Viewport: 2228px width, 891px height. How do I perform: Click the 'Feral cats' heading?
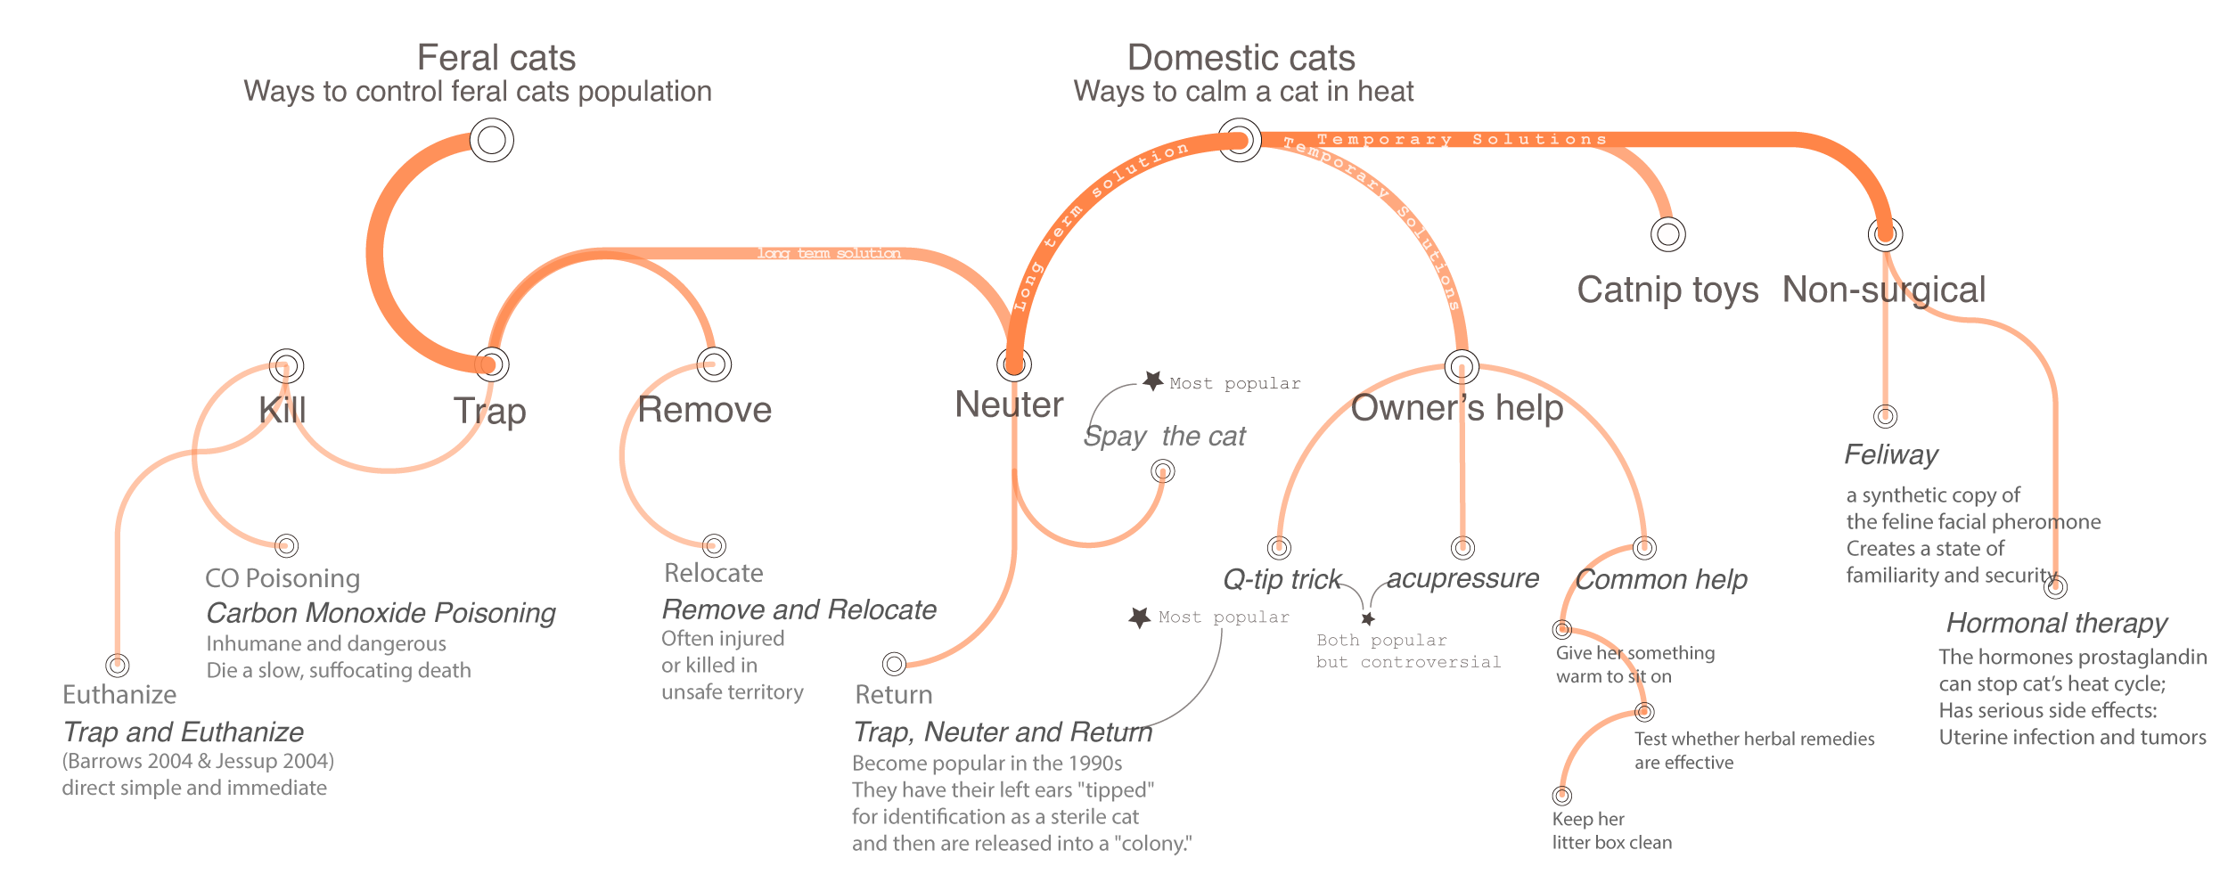click(496, 59)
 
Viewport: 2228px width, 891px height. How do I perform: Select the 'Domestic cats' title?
click(1241, 59)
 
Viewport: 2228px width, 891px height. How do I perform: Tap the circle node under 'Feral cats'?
click(491, 140)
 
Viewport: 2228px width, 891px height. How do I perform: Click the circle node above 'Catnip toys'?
click(1667, 234)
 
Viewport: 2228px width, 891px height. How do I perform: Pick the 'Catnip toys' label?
click(1667, 290)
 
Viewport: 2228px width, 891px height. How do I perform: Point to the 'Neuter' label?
click(1009, 405)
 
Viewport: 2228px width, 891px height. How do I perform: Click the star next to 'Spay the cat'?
click(1153, 381)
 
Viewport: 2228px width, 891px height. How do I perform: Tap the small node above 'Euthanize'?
click(117, 665)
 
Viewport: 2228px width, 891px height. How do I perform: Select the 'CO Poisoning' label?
click(283, 579)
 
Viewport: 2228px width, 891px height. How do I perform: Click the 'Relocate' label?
click(713, 573)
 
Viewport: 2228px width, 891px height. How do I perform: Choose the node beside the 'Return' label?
click(894, 664)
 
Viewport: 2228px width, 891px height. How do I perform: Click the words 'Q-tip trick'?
click(1282, 580)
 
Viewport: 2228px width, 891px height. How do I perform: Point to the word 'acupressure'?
click(1462, 579)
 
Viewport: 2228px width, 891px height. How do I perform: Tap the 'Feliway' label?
click(1890, 455)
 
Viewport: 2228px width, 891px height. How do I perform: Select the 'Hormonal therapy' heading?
click(2056, 623)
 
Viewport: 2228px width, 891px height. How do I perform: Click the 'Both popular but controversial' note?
click(1408, 651)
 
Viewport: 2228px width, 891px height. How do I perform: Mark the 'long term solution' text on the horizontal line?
click(829, 254)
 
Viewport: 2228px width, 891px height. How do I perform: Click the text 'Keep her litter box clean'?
click(1611, 830)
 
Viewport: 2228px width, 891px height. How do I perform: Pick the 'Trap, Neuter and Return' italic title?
click(1003, 732)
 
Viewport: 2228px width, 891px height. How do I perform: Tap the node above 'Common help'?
click(1644, 547)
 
